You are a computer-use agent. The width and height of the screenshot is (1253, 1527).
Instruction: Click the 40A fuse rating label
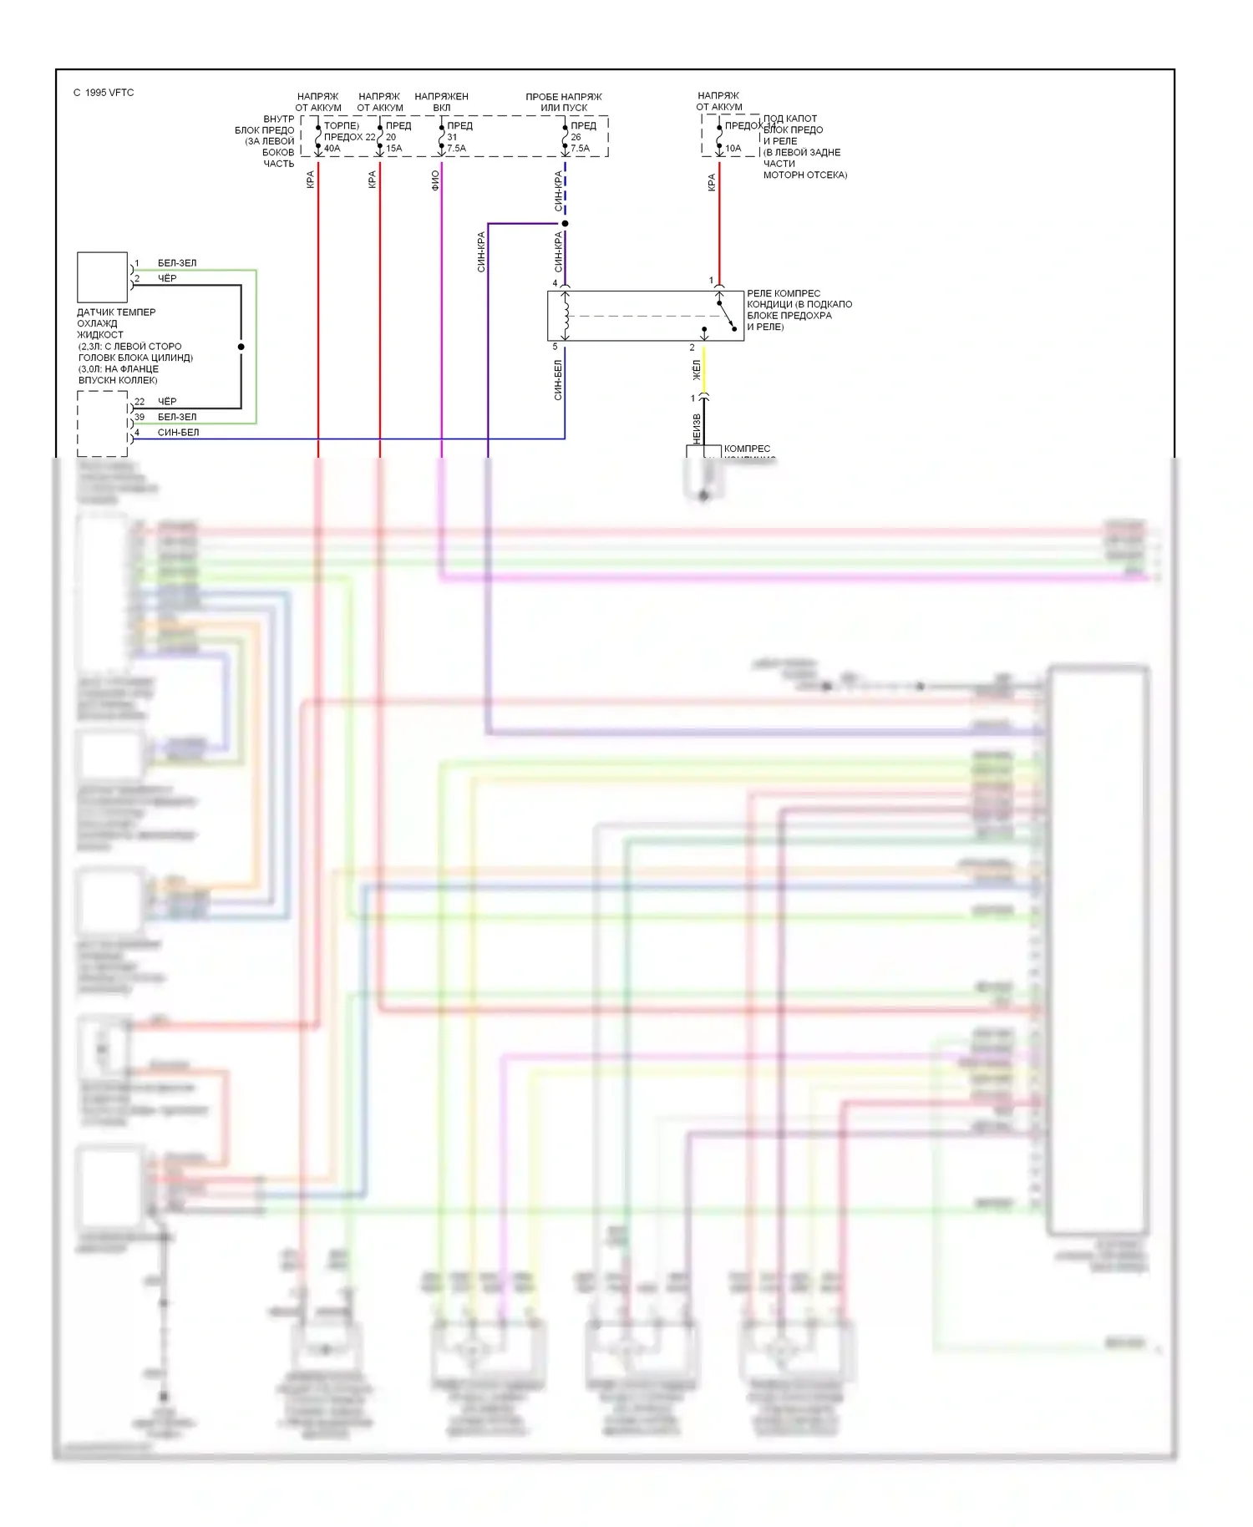(332, 149)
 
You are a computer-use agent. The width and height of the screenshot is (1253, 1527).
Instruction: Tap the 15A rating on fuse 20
(393, 149)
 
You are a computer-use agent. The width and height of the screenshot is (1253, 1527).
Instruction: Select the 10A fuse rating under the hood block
(733, 149)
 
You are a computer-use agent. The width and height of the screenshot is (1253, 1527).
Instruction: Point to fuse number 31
(452, 137)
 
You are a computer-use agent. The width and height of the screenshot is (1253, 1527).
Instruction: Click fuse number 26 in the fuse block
(576, 137)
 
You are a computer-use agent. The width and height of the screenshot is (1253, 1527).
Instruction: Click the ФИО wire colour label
(435, 180)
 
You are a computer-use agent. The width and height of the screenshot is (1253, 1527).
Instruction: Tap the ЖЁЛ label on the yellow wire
(697, 370)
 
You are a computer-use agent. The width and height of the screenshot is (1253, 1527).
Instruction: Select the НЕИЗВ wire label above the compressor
(697, 429)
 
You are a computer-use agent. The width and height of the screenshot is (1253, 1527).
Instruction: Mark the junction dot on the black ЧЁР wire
(241, 347)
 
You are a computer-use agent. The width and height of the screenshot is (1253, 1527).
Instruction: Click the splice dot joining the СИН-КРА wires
(565, 224)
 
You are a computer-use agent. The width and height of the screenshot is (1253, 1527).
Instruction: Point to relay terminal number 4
(555, 283)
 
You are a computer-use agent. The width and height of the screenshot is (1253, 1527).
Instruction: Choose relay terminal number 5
(555, 347)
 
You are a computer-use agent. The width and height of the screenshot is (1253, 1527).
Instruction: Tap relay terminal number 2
(692, 348)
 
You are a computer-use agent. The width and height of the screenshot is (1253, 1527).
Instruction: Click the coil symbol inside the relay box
(566, 316)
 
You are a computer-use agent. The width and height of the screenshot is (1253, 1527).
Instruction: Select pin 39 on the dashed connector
(140, 417)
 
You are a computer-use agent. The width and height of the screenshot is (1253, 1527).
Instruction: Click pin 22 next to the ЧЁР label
(140, 402)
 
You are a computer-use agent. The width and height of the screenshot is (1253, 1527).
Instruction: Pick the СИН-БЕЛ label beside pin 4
(178, 433)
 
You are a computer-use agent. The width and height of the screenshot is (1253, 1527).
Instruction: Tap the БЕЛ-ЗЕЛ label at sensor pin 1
(177, 263)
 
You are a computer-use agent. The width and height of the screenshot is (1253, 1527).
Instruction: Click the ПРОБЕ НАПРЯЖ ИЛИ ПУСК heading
(564, 102)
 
